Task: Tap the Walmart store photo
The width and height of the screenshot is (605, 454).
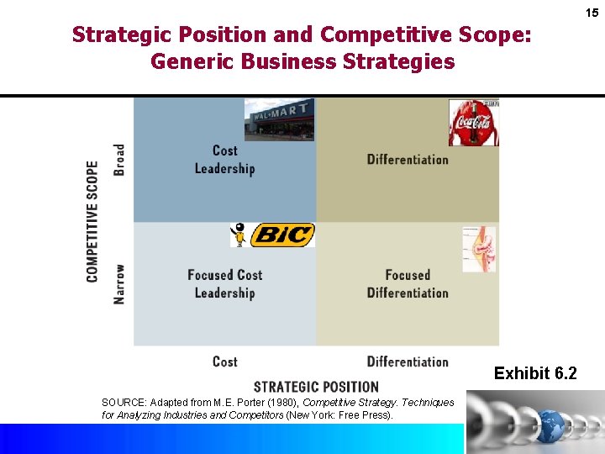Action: point(280,119)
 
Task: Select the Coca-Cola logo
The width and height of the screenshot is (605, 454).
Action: point(473,123)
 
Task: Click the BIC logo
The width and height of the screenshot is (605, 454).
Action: point(281,235)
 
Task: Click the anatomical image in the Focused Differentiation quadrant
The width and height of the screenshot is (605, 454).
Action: point(479,249)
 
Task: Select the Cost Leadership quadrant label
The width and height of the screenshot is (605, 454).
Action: point(224,160)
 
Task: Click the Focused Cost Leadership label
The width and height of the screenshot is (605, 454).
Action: point(224,284)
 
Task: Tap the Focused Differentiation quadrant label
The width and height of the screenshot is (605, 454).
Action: point(408,284)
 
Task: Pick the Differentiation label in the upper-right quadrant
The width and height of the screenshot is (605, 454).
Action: point(408,160)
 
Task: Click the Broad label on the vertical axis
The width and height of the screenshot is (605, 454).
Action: point(119,160)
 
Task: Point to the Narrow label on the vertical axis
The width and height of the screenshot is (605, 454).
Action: point(119,284)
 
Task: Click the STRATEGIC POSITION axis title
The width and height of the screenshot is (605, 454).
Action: point(316,387)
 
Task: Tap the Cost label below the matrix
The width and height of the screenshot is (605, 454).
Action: point(224,362)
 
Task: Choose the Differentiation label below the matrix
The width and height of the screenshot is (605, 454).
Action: point(408,362)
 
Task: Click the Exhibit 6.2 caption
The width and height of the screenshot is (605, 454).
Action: point(535,373)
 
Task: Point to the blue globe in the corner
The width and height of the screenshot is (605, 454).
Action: point(554,425)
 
